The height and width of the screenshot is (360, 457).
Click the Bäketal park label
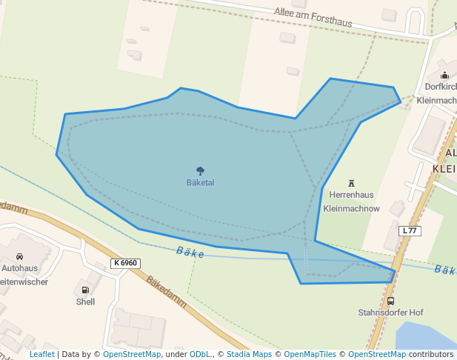point(200,182)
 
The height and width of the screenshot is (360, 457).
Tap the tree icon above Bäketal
point(200,171)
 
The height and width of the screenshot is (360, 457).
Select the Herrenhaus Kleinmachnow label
point(351,201)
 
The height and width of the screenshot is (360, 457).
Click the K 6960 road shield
point(126,263)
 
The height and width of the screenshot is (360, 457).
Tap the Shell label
point(85,301)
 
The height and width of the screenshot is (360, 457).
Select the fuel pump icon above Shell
point(85,290)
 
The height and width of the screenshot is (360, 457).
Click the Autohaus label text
point(19,268)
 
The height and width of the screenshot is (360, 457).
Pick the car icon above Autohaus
point(19,256)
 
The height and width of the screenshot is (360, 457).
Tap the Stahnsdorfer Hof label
point(390,313)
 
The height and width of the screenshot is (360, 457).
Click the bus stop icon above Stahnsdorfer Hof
point(390,301)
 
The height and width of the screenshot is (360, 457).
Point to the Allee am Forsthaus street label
point(313,17)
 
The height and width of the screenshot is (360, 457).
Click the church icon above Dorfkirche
point(444,75)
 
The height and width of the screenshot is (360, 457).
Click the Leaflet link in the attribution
point(41,354)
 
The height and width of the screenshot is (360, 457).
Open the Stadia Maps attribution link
point(249,354)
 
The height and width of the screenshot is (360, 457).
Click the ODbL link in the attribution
point(200,354)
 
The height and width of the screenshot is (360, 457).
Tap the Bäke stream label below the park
point(190,252)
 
